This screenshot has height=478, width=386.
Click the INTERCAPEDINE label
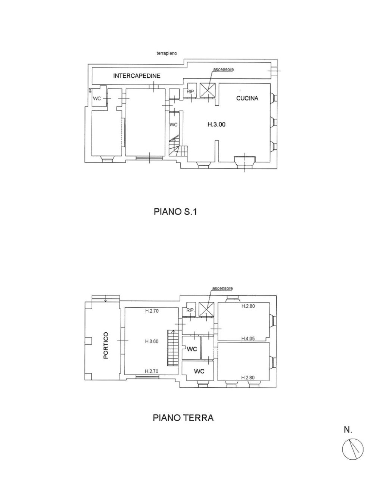[137, 76]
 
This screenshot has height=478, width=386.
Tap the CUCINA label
[247, 99]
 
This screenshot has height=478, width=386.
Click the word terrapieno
[166, 53]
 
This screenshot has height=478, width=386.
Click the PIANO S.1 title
[175, 212]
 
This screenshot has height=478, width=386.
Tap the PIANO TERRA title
[183, 418]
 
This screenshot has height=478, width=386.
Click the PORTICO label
[106, 345]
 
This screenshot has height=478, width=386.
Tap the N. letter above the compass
[348, 430]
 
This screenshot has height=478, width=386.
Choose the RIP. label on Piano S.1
[190, 91]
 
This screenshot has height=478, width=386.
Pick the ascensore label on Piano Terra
[222, 288]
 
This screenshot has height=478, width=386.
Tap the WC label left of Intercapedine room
[97, 99]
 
